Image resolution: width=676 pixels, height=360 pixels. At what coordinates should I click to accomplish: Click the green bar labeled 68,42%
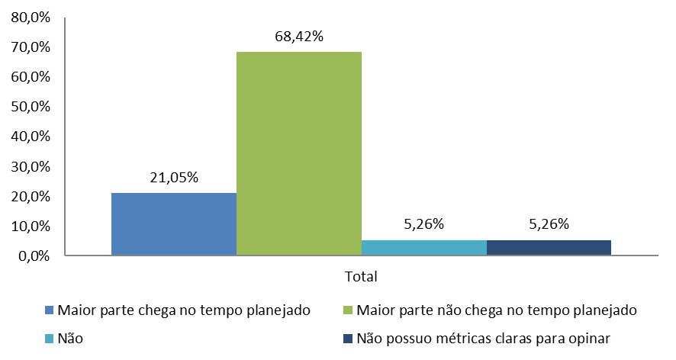(298, 153)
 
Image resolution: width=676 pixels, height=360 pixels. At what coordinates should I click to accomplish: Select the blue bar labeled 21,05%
(174, 224)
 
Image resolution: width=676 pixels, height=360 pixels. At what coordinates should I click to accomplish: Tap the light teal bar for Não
(423, 248)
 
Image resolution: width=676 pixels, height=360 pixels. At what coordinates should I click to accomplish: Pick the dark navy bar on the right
(549, 248)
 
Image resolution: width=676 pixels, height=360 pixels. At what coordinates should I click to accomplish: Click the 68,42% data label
(298, 36)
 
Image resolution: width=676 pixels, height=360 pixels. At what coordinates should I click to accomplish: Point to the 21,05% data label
(173, 178)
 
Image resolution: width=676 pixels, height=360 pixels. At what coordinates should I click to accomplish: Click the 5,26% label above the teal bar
(423, 224)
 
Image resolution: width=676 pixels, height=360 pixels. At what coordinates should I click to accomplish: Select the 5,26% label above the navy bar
(549, 224)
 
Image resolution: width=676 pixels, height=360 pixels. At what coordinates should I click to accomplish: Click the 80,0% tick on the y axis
(31, 18)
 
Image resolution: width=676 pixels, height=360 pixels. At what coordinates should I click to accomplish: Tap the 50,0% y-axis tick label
(31, 107)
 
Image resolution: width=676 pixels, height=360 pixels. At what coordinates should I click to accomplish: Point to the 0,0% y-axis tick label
(34, 256)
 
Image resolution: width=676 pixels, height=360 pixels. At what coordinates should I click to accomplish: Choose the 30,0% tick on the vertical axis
(31, 166)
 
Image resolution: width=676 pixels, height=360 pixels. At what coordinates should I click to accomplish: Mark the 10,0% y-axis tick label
(31, 227)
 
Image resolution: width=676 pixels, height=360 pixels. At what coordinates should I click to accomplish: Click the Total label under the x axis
(361, 275)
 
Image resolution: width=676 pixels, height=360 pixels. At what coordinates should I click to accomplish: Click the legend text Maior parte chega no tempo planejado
(183, 310)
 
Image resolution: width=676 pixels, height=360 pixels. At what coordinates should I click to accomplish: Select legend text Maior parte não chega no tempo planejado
(496, 310)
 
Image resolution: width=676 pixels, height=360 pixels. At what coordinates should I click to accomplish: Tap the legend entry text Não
(69, 338)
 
